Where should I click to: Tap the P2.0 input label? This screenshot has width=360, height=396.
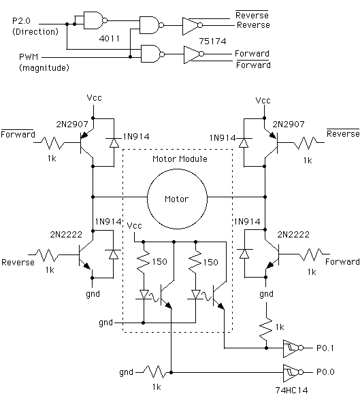(21, 20)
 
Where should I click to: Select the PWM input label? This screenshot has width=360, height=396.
(29, 57)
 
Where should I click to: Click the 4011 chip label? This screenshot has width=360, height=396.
(109, 39)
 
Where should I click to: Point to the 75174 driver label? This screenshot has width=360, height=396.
(212, 42)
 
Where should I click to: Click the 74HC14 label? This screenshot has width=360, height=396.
(291, 391)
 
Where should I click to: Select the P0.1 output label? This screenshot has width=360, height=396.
(325, 348)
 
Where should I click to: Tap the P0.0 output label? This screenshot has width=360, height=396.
(325, 372)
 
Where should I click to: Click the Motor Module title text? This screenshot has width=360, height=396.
(180, 159)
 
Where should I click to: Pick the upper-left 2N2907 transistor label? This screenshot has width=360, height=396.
(72, 125)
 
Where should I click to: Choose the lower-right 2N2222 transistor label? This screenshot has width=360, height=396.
(293, 235)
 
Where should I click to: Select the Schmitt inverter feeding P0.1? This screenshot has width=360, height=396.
(293, 348)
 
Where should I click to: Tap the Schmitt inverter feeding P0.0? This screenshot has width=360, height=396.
(293, 373)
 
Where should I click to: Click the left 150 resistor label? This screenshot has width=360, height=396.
(160, 262)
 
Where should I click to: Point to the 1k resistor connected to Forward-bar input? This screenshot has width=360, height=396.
(52, 143)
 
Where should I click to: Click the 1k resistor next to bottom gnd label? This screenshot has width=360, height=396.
(154, 372)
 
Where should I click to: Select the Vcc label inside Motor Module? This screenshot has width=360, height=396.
(134, 225)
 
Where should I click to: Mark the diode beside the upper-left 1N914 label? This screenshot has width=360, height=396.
(114, 143)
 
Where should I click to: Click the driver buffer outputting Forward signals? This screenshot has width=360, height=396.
(194, 54)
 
